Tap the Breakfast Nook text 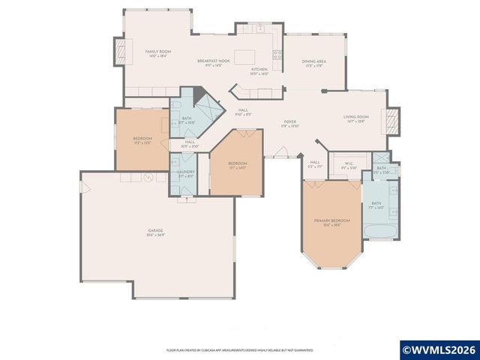(x=212, y=61)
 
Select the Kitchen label (x=258, y=71)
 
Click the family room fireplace (x=118, y=52)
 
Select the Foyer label (x=289, y=123)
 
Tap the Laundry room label (x=185, y=173)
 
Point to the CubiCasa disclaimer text (x=239, y=350)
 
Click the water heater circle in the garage (x=148, y=178)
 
